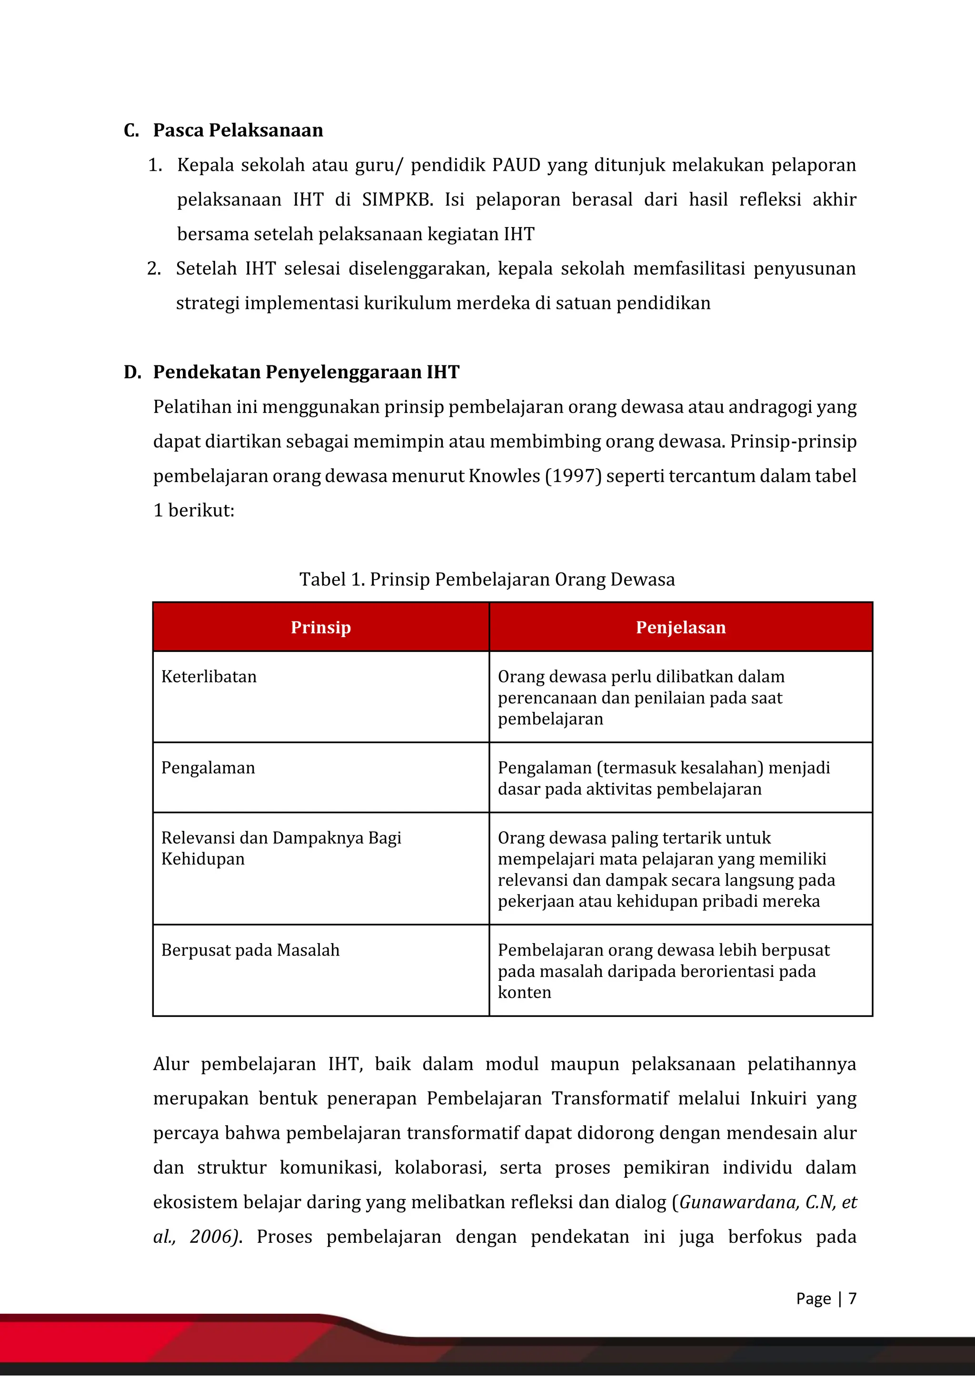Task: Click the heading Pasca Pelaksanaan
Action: coord(238,130)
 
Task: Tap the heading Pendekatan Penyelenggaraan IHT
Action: coord(306,372)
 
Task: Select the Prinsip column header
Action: coord(320,627)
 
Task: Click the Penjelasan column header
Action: coord(680,627)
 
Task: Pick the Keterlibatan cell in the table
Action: coord(209,677)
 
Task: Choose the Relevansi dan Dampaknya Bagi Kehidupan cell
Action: coord(281,848)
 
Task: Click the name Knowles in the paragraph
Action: coord(504,476)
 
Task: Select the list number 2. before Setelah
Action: coord(154,268)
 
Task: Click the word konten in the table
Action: coord(524,992)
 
